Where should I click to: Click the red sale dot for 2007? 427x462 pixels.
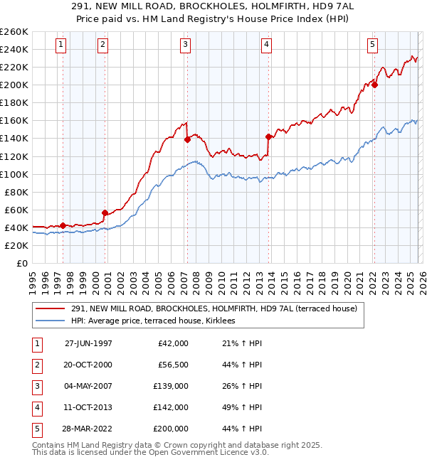pos(187,139)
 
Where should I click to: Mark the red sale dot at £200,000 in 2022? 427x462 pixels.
pos(374,85)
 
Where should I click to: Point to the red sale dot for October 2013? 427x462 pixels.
pos(268,136)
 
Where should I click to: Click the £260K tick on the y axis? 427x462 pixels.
pos(14,32)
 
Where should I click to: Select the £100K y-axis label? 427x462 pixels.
pos(14,174)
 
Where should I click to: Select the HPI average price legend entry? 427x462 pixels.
pos(157,321)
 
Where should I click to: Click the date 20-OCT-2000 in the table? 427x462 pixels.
pos(88,365)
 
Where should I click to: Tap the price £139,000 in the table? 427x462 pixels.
pos(171,386)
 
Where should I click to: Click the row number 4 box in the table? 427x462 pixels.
pos(36,407)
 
